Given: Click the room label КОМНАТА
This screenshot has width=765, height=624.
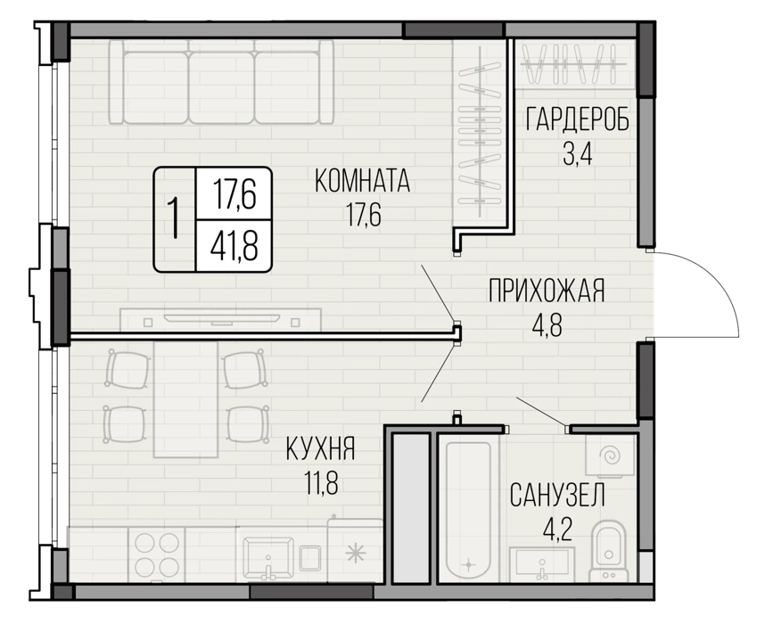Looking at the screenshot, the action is tap(362, 181).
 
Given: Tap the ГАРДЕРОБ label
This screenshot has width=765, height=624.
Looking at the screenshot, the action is tap(577, 120).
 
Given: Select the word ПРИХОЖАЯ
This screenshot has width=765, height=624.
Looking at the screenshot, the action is tap(547, 291).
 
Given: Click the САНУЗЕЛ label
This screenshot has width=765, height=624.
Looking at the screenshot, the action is tap(557, 495).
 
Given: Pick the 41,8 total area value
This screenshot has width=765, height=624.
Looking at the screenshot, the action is tap(234, 246).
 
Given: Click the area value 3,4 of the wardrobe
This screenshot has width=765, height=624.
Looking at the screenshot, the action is tap(577, 153).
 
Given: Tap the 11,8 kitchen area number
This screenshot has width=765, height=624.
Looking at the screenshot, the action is tap(320, 482).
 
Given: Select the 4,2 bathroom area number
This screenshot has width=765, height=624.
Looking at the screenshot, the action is tap(556, 529).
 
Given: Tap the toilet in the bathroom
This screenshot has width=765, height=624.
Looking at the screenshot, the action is tap(607, 550).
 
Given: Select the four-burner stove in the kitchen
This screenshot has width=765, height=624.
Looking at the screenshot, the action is tap(157, 554).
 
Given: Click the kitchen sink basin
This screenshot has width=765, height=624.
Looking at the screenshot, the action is tap(267, 558).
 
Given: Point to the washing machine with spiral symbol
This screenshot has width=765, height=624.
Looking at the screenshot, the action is tap(610, 456).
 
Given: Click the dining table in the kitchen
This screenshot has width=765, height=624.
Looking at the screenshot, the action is tap(185, 398).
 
